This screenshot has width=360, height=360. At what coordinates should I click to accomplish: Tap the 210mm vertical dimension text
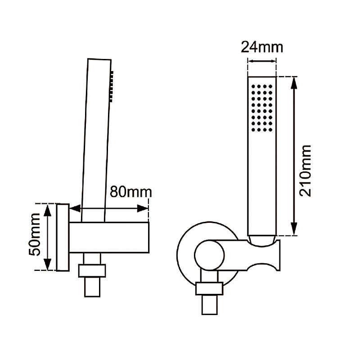306,170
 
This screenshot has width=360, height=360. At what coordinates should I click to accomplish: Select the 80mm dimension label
131,192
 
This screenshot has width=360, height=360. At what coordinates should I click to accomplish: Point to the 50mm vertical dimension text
36,238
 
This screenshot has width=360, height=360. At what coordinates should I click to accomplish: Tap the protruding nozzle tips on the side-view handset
111,85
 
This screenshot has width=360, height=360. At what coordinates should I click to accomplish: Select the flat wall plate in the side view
63,237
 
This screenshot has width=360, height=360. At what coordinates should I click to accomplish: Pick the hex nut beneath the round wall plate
209,289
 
